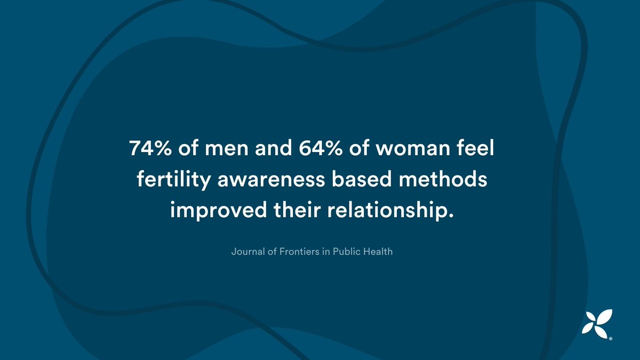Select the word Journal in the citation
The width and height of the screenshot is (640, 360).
point(247,251)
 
